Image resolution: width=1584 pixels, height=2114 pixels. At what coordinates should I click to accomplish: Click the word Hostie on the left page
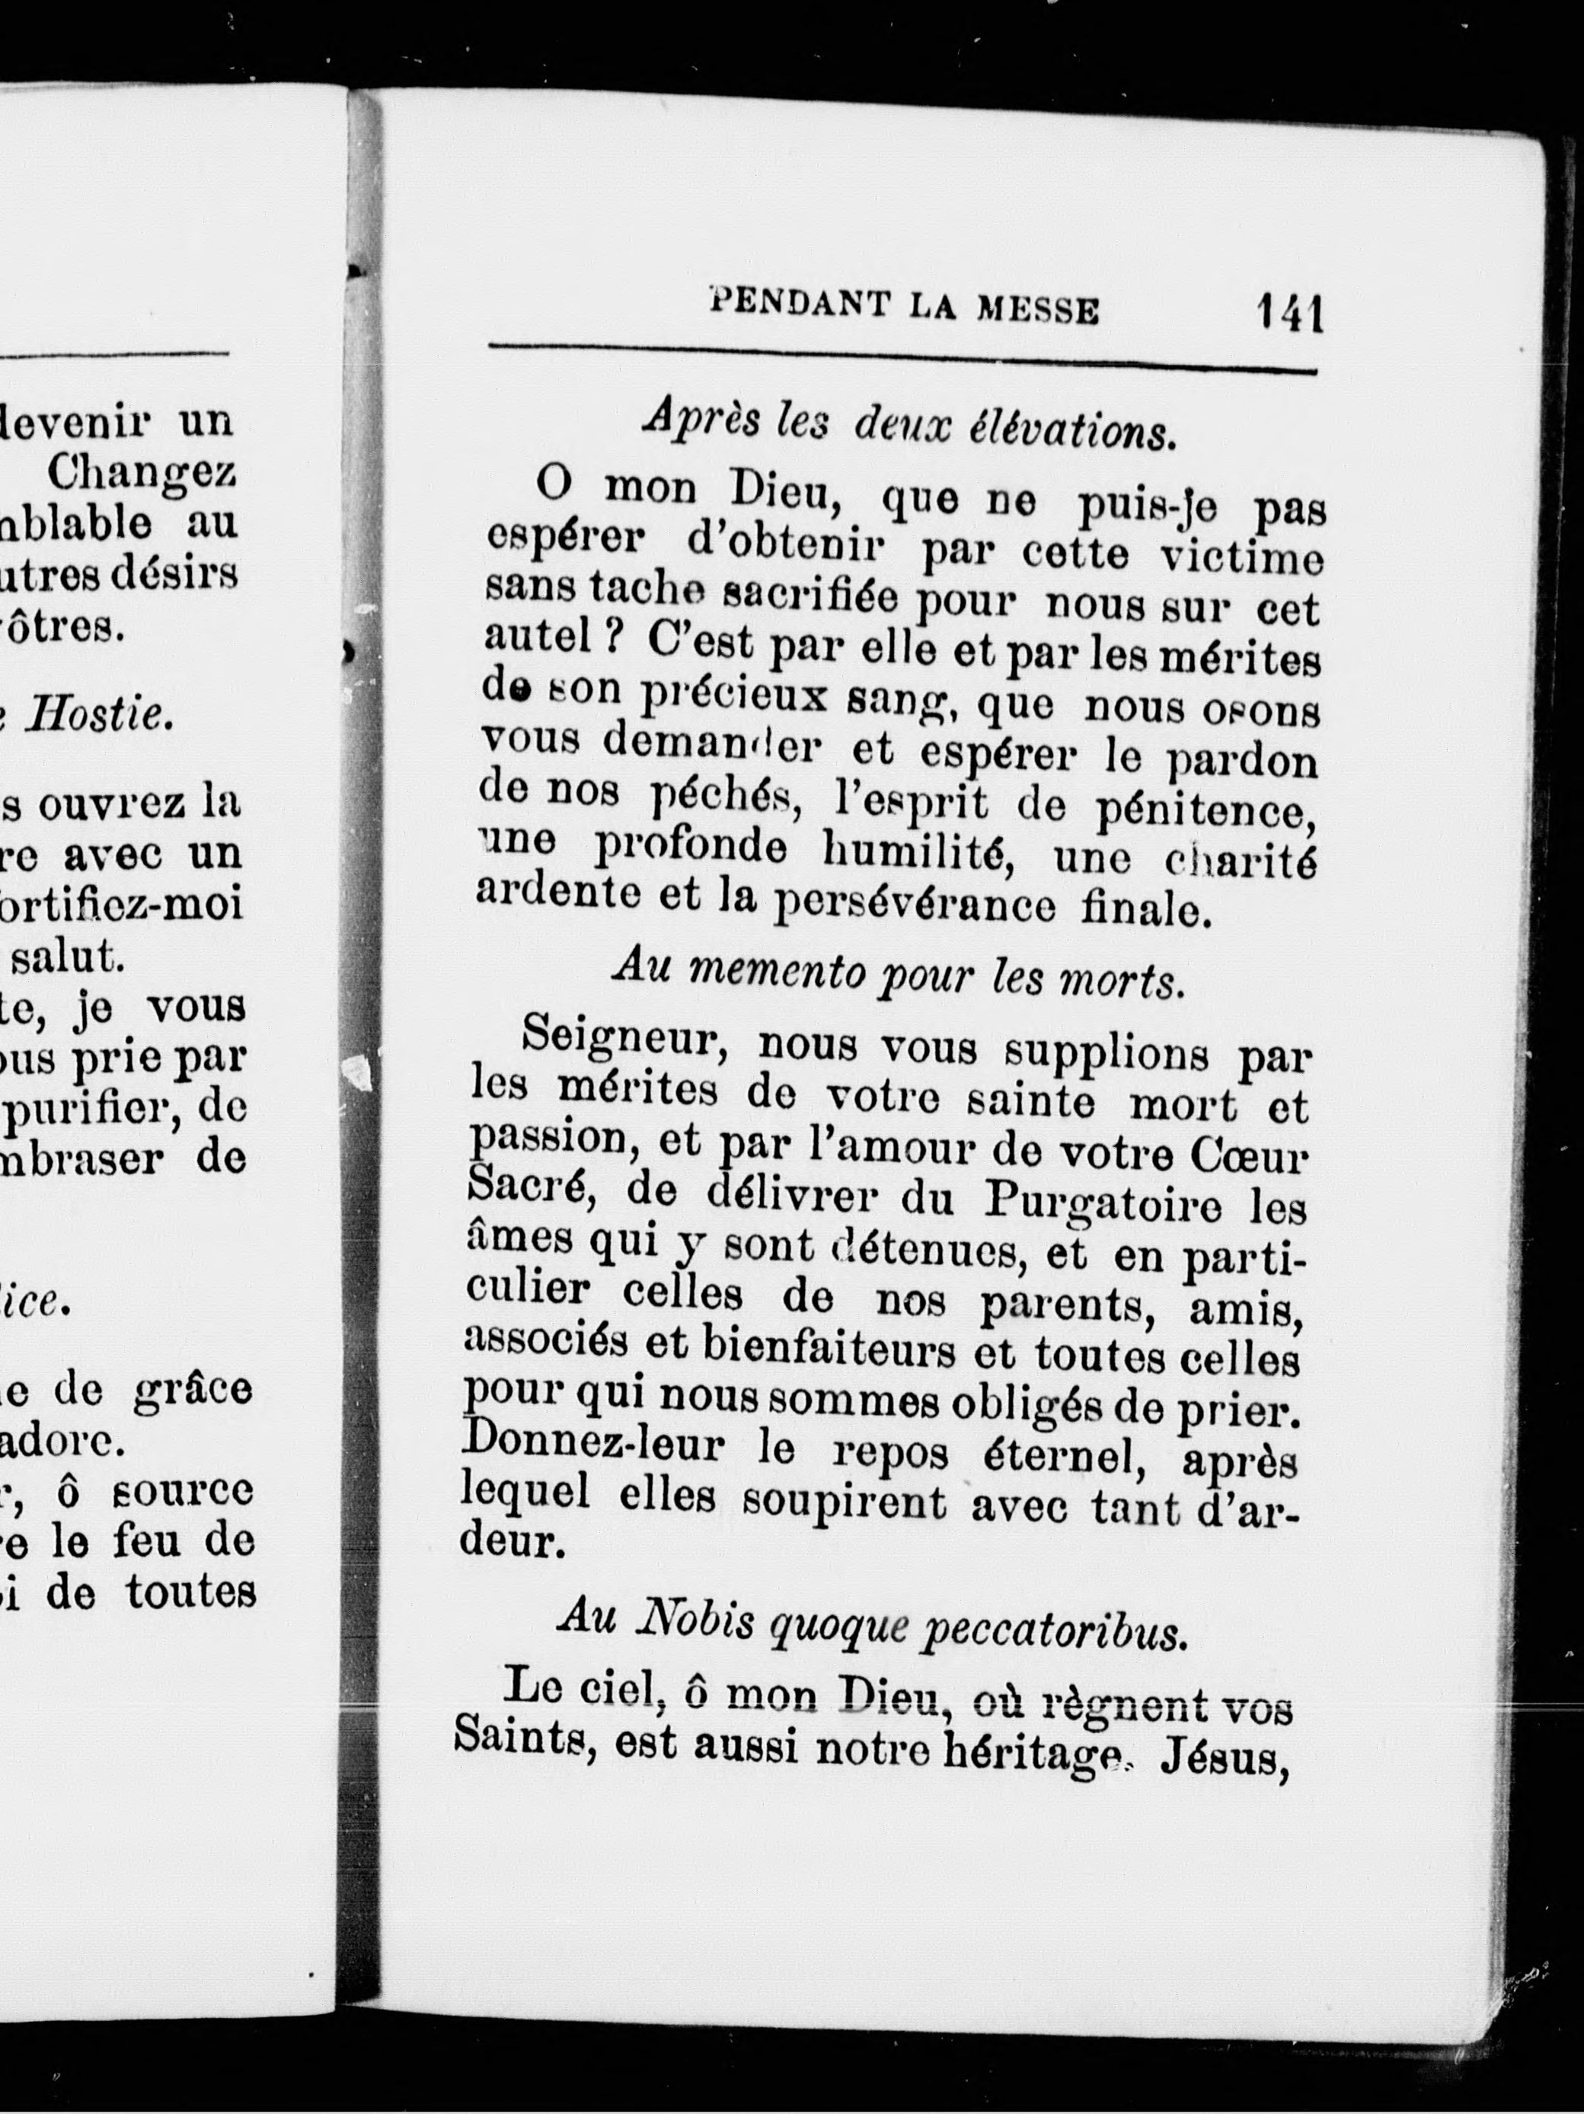pos(100,715)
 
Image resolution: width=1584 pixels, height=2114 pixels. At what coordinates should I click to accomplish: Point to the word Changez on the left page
pos(142,471)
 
